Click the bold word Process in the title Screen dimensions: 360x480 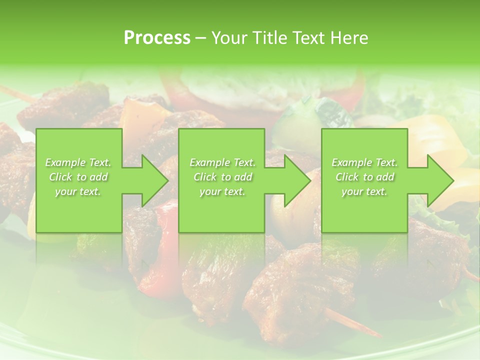point(157,38)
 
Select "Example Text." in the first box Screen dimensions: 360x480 point(78,162)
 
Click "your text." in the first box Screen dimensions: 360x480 point(78,191)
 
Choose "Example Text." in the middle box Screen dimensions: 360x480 point(222,162)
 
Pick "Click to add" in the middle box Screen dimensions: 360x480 point(222,177)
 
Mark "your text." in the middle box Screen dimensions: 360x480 point(222,191)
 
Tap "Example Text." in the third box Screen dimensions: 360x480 point(364,162)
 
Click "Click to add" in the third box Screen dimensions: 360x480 point(364,177)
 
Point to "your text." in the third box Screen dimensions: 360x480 point(364,191)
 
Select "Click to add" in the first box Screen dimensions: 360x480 point(78,177)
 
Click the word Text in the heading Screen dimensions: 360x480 point(309,38)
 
